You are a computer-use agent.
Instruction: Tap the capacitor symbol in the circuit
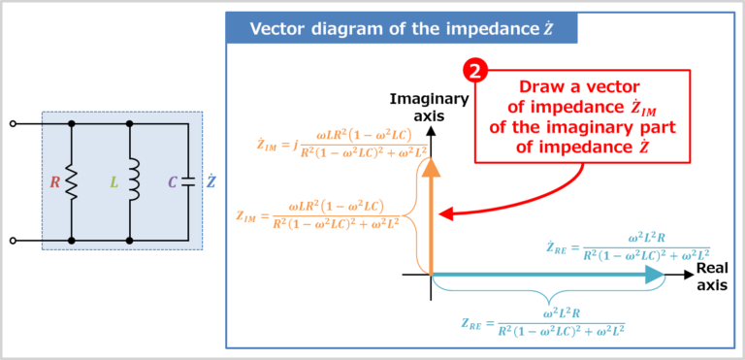tap(186, 182)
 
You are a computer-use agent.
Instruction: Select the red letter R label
tap(55, 182)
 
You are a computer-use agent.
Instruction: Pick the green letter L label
tap(113, 182)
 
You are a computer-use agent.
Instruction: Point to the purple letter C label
tap(172, 182)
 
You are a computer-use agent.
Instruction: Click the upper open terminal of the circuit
tap(13, 124)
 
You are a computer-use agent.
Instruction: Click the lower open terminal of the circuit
tap(13, 240)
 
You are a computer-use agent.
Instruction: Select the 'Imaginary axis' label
tap(429, 107)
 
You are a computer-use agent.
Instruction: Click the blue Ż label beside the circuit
tap(211, 181)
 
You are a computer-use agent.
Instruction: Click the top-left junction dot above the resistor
tap(72, 124)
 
